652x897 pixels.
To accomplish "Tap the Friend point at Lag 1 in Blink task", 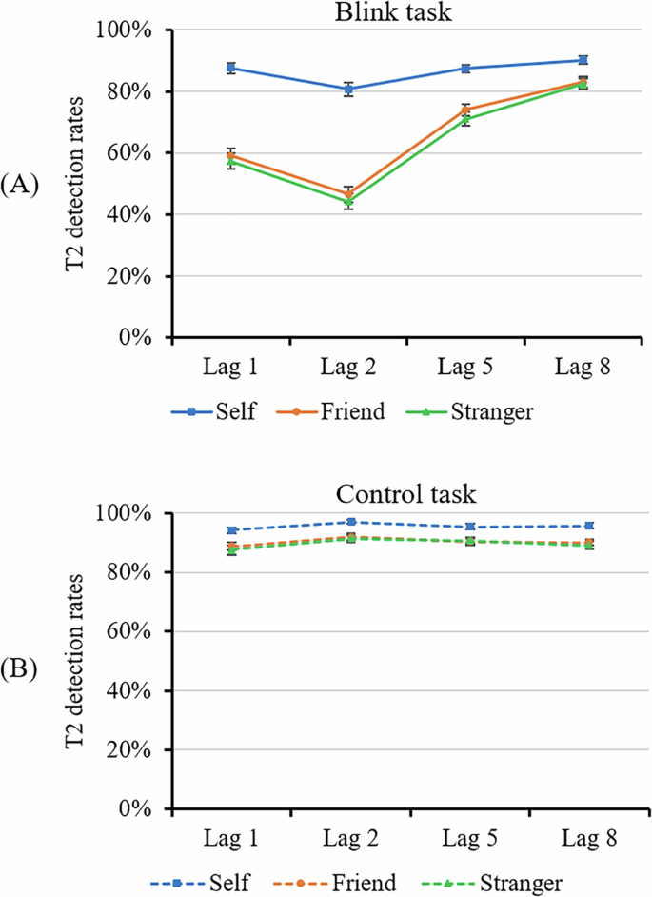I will pyautogui.click(x=231, y=154).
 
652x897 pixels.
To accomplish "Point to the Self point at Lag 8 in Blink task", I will pyautogui.click(x=583, y=60).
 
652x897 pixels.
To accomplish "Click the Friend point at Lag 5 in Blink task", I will pyautogui.click(x=465, y=110).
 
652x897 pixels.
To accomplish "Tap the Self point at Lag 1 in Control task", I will pyautogui.click(x=231, y=530).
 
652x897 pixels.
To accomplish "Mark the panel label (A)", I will pyautogui.click(x=20, y=185).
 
